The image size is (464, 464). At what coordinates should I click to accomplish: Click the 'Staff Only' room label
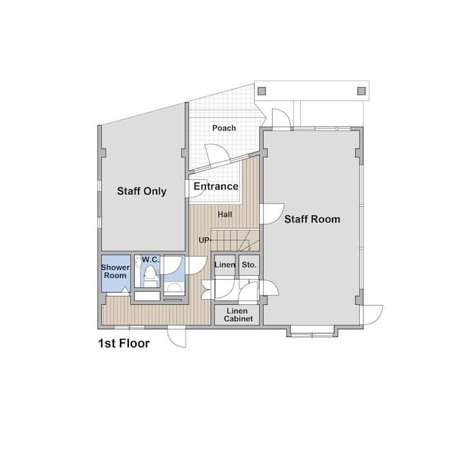[142, 191]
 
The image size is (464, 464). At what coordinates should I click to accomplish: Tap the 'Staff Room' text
[312, 219]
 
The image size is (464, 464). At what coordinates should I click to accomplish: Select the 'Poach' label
[224, 128]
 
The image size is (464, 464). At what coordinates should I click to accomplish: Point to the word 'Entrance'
[216, 186]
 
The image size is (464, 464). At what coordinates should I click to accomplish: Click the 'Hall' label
[225, 214]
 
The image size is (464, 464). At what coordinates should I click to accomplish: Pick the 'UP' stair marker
[204, 240]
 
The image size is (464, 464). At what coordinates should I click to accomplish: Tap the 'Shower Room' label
[115, 271]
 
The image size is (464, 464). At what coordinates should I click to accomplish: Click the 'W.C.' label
[151, 260]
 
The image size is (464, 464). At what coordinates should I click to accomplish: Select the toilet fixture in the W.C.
[150, 274]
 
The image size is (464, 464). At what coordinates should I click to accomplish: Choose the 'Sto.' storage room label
[249, 265]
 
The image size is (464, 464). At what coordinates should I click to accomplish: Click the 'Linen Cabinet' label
[238, 315]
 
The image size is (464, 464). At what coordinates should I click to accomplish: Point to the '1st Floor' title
[124, 343]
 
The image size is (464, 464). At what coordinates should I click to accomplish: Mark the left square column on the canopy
[262, 91]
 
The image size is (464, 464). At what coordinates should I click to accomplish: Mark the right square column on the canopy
[362, 91]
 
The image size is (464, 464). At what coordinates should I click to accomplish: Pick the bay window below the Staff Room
[312, 331]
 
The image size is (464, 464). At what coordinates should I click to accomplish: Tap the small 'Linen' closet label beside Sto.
[225, 265]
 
